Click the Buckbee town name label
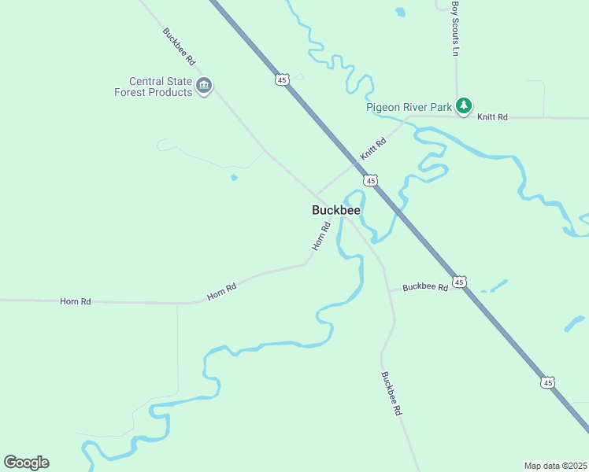(x=336, y=210)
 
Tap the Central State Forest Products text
(x=161, y=87)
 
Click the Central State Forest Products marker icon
(x=205, y=86)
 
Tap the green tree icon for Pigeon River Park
(x=464, y=105)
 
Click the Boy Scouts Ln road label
(x=454, y=28)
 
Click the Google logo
(x=26, y=463)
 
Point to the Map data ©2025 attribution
(x=556, y=466)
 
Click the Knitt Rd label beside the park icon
(x=492, y=116)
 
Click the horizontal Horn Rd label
(x=76, y=301)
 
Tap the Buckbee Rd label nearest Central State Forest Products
(x=179, y=46)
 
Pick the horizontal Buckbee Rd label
(x=425, y=287)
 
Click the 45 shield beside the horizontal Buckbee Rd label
(x=460, y=281)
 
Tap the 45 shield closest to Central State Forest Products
(x=283, y=79)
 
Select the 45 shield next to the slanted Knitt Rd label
(x=370, y=180)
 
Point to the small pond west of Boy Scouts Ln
(x=401, y=13)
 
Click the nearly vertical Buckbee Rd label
(x=391, y=393)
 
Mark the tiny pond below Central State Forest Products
(x=234, y=178)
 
